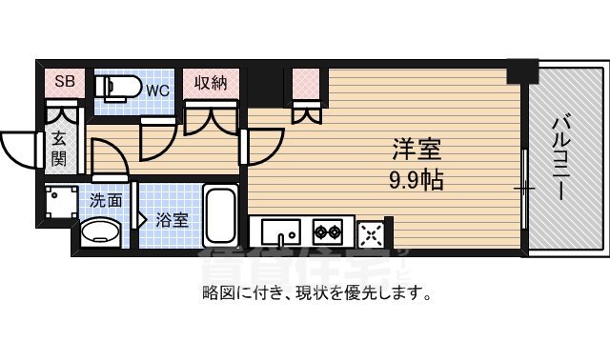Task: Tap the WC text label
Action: click(157, 90)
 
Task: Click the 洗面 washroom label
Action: click(106, 201)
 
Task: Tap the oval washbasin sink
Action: click(99, 232)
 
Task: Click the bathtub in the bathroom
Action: click(222, 215)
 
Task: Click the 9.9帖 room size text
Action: click(417, 180)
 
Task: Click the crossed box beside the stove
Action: click(372, 231)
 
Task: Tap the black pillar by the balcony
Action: click(521, 71)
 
